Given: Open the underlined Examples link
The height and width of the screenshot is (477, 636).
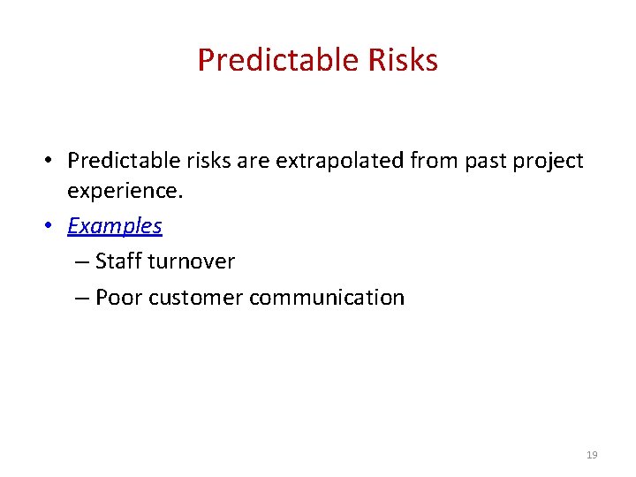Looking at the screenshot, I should click(115, 225).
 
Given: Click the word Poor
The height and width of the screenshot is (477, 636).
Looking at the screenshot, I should click(118, 298).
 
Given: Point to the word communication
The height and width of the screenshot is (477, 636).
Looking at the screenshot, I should click(327, 298).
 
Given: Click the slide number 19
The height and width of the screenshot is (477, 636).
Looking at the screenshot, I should click(592, 455).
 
